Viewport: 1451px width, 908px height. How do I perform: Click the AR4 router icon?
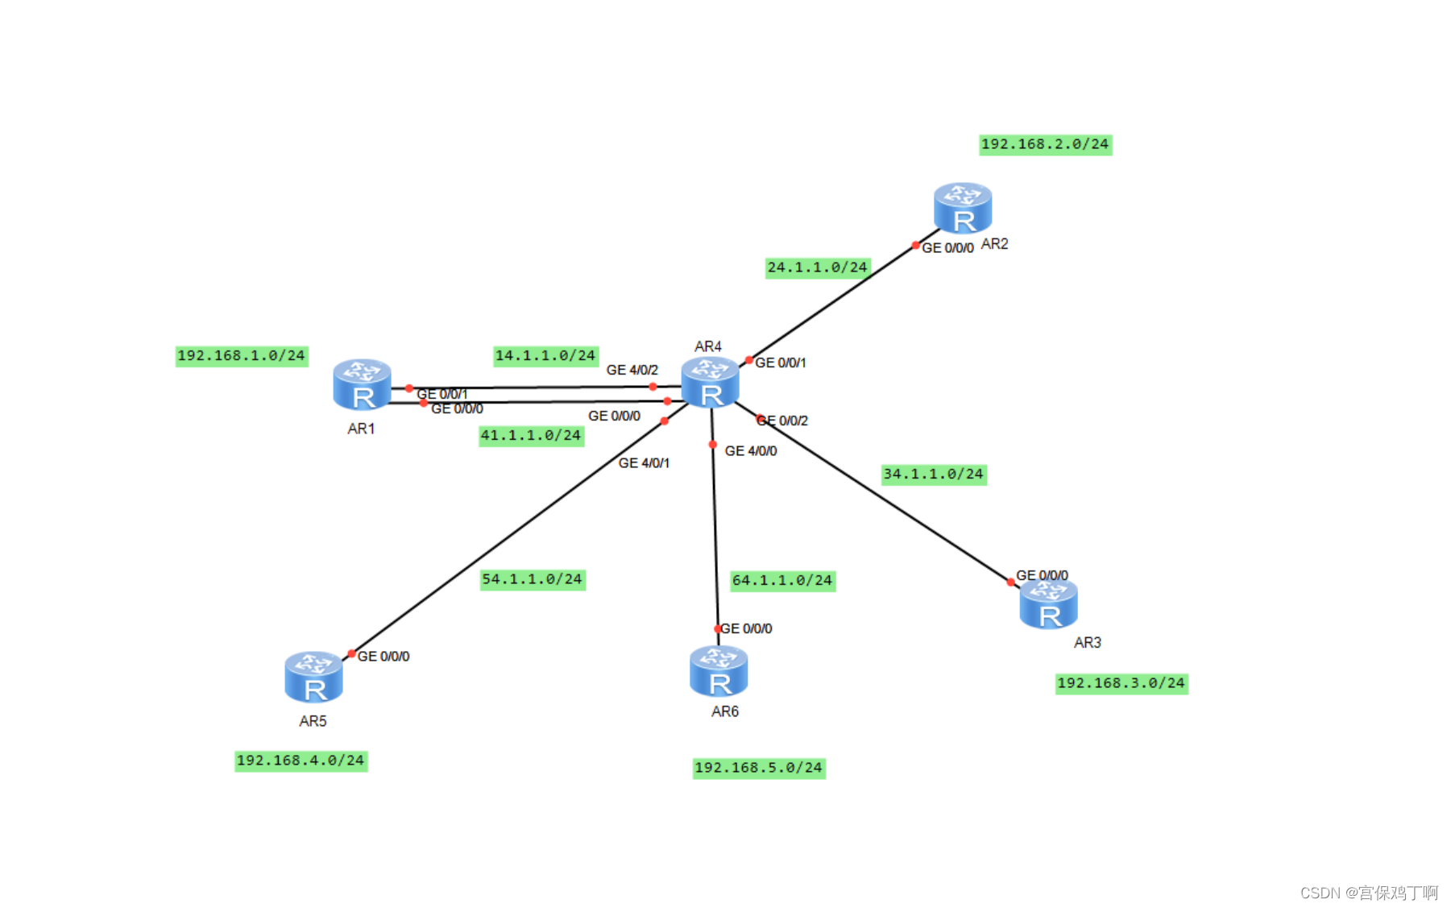710,383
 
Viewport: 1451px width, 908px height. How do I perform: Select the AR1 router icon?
362,385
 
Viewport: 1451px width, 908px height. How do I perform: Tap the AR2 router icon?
962,208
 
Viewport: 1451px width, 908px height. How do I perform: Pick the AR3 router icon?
1048,604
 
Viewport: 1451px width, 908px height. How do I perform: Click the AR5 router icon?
313,678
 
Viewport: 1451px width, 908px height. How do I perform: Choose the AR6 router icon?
719,672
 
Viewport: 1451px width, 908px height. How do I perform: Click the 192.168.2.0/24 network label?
1045,144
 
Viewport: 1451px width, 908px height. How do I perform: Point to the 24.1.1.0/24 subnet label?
817,267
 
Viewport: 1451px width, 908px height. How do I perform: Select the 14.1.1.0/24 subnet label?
545,355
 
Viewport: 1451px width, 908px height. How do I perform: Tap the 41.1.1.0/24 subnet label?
531,436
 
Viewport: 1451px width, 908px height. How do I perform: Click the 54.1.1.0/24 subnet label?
532,579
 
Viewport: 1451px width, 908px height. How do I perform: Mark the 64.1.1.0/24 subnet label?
782,580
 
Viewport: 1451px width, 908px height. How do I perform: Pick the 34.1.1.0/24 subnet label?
933,474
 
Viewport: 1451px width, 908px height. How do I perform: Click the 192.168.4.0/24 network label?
301,761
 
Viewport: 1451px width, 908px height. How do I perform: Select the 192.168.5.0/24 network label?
758,768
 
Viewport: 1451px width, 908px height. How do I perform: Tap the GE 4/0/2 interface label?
632,370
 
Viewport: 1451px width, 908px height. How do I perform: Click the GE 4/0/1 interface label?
644,463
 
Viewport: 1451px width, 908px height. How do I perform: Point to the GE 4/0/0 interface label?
750,451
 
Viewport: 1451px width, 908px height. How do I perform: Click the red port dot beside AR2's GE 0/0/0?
915,245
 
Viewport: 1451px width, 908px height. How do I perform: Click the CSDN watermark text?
1368,893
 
